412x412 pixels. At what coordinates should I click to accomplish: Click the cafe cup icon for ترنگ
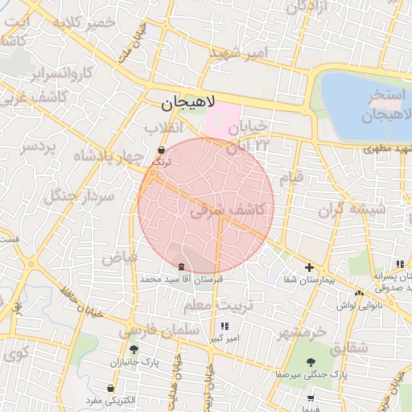[162, 150]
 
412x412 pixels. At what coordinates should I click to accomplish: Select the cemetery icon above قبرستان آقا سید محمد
[180, 266]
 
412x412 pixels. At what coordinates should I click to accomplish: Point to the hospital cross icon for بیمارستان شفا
[310, 267]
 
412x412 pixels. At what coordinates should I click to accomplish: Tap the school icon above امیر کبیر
[224, 326]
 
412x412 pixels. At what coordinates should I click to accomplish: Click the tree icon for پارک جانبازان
[134, 349]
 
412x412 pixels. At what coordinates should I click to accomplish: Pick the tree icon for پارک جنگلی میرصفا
[311, 361]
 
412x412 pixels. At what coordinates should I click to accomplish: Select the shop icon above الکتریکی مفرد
[110, 388]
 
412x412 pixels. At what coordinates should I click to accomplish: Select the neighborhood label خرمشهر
[298, 332]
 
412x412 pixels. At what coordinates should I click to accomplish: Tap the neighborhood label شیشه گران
[352, 210]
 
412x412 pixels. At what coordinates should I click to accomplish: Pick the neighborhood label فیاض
[120, 257]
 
